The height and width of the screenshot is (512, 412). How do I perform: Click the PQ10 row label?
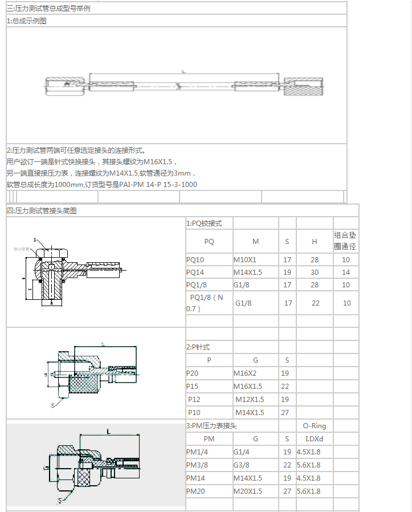pos(195,260)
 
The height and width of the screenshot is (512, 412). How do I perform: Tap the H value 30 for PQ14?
pos(315,273)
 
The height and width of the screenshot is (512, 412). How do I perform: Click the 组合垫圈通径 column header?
pos(345,241)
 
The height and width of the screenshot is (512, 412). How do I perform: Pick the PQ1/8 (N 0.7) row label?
pos(206,303)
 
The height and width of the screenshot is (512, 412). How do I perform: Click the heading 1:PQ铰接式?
pos(204,224)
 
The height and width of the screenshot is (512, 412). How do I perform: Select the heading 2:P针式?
pos(201,347)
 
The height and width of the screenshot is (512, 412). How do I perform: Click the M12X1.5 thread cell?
pos(250,400)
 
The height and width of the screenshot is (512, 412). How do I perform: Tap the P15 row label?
pos(194,386)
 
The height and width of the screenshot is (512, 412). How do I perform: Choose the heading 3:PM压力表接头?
pos(211,425)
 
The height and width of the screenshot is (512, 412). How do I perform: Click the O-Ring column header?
pos(314,425)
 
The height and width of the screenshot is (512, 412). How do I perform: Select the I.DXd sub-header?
pos(314,439)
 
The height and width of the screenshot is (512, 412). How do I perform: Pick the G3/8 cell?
pos(242,465)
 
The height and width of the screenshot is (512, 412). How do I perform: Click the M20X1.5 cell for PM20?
pos(248,491)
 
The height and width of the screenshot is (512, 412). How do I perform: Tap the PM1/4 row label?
pos(198,452)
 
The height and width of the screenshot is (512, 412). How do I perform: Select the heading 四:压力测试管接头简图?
pos(42,210)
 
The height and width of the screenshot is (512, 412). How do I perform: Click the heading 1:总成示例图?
pos(27,21)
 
